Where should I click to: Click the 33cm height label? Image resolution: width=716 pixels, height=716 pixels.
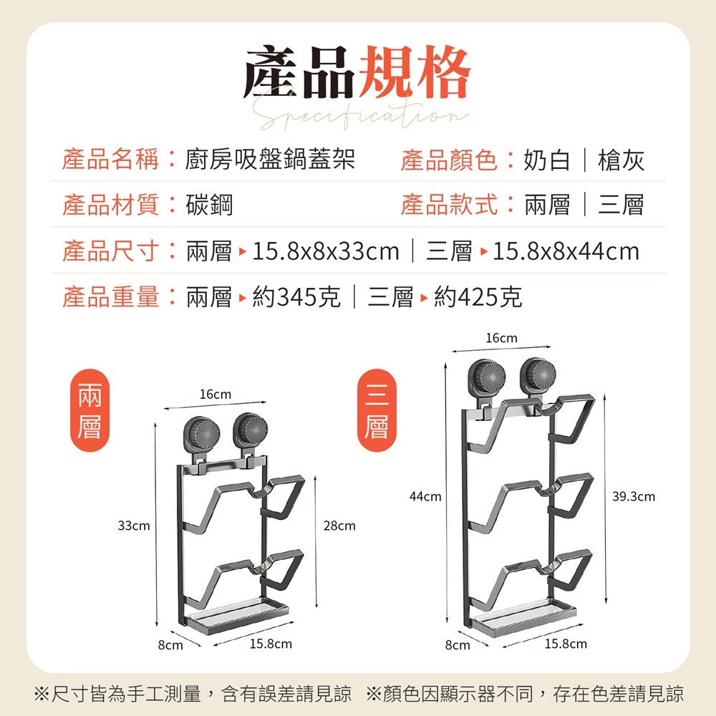click(134, 526)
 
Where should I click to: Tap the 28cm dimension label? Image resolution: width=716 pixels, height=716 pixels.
click(339, 526)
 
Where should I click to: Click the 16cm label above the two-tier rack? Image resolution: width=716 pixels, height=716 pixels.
click(216, 395)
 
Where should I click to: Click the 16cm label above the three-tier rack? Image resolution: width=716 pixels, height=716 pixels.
click(501, 338)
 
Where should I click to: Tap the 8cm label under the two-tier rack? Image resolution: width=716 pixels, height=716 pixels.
click(170, 645)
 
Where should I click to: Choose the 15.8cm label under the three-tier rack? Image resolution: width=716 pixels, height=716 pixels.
click(566, 644)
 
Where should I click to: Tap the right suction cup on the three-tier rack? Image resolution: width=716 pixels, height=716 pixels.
click(537, 374)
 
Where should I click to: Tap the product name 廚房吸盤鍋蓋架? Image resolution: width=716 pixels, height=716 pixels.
click(270, 160)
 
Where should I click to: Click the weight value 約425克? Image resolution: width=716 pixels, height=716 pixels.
click(478, 296)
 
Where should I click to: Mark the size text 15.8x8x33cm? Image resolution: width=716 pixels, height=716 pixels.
click(326, 251)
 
